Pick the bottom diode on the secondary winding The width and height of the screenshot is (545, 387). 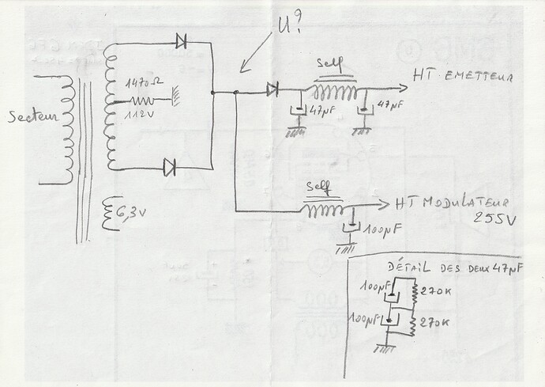[x=170, y=166]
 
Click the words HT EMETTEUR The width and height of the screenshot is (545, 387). [x=463, y=78]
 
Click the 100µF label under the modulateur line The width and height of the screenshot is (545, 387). [x=378, y=231]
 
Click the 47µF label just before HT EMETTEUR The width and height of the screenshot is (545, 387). [x=393, y=104]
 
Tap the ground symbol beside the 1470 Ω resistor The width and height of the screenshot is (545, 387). [x=176, y=100]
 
